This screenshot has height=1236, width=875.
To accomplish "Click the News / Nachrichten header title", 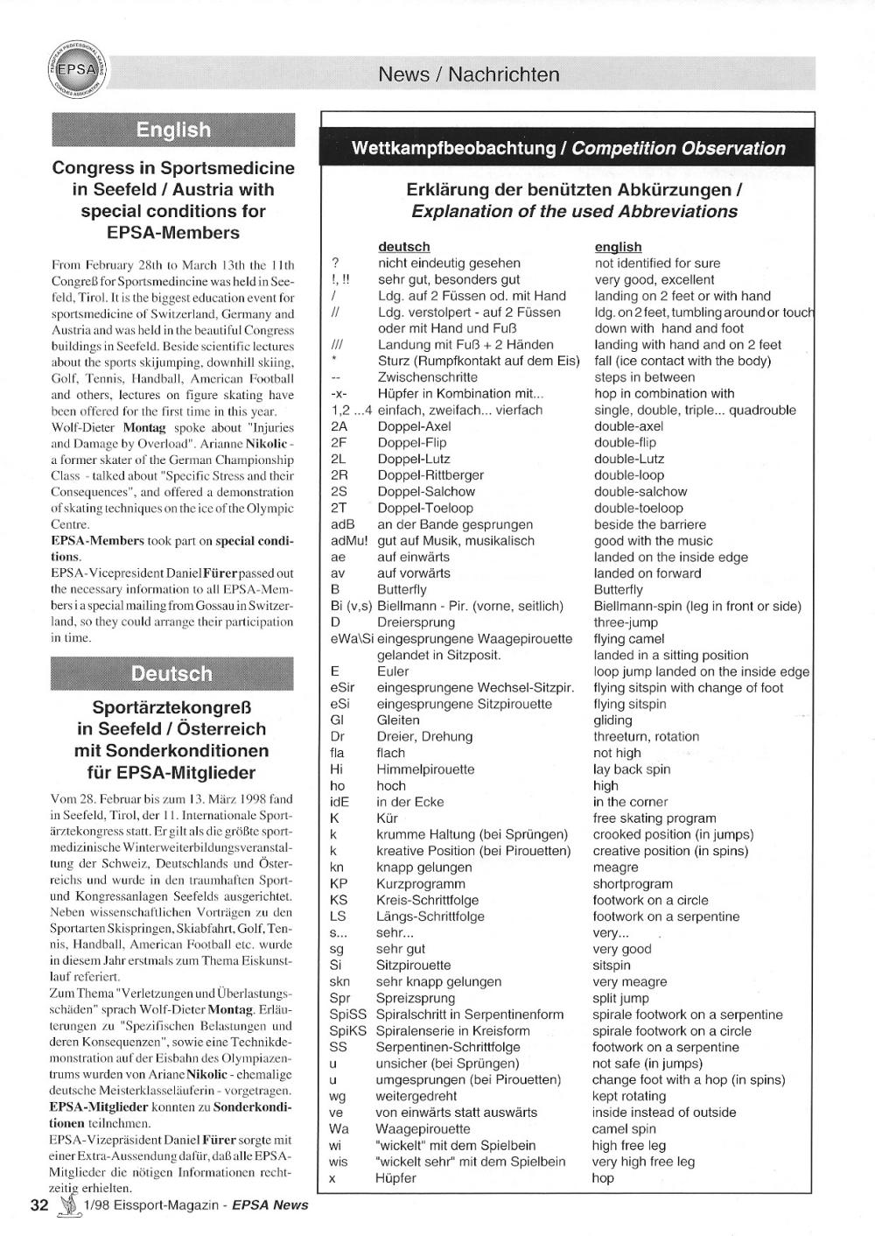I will [x=468, y=74].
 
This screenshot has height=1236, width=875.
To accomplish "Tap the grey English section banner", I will [x=173, y=130].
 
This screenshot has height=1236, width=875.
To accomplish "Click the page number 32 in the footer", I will [x=39, y=1204].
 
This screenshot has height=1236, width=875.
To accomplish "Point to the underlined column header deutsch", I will [x=403, y=247].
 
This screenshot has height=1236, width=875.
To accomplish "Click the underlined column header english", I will [x=618, y=247].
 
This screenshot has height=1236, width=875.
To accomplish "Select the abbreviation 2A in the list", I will [x=339, y=426].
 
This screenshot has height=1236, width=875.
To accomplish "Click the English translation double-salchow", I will [x=640, y=492].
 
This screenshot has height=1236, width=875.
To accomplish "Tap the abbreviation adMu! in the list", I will [x=348, y=541].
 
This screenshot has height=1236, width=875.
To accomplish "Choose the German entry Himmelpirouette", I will [x=425, y=769].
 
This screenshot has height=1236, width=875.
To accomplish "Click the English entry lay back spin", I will [x=632, y=769].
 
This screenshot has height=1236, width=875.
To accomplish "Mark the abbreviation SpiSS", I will [x=347, y=1015].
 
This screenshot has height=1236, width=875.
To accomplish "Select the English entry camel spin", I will [x=623, y=1129].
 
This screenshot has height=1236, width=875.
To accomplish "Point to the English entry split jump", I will [x=620, y=998].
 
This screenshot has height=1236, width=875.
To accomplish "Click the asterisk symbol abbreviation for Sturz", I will [x=334, y=360].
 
